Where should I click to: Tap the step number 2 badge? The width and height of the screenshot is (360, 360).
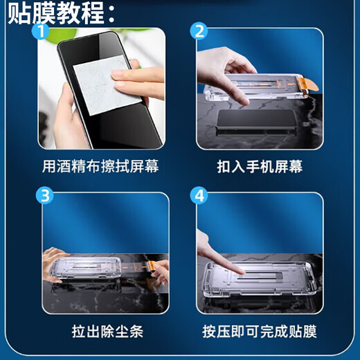[x=200, y=32]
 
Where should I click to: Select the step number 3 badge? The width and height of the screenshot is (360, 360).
[x=44, y=197]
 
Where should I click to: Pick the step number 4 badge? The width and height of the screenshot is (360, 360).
[x=200, y=197]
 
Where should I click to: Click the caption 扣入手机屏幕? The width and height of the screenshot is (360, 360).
[x=259, y=167]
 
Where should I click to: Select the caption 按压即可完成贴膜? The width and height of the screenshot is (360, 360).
[x=259, y=332]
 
